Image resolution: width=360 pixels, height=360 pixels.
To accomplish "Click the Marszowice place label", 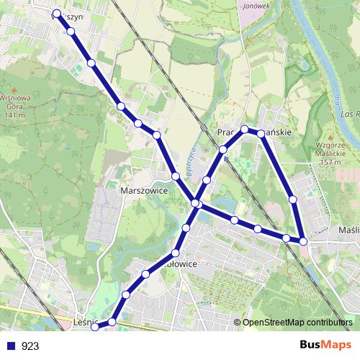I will point(143,191).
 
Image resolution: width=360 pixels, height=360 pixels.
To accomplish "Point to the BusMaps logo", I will point(326,346).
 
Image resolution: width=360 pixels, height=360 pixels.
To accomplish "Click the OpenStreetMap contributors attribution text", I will point(297,323).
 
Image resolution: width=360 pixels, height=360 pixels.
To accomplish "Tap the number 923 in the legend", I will point(30,346).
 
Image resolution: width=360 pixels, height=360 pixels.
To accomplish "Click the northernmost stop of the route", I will point(56,13).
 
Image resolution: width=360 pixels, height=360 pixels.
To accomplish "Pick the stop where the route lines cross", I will point(196,204).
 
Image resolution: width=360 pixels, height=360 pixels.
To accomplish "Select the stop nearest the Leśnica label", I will point(112,322).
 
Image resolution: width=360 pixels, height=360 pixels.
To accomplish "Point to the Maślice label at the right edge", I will point(348,230).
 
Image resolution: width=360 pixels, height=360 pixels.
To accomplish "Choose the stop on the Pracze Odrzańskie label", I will point(245,130).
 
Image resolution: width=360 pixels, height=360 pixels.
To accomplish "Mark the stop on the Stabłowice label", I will point(176,253).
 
